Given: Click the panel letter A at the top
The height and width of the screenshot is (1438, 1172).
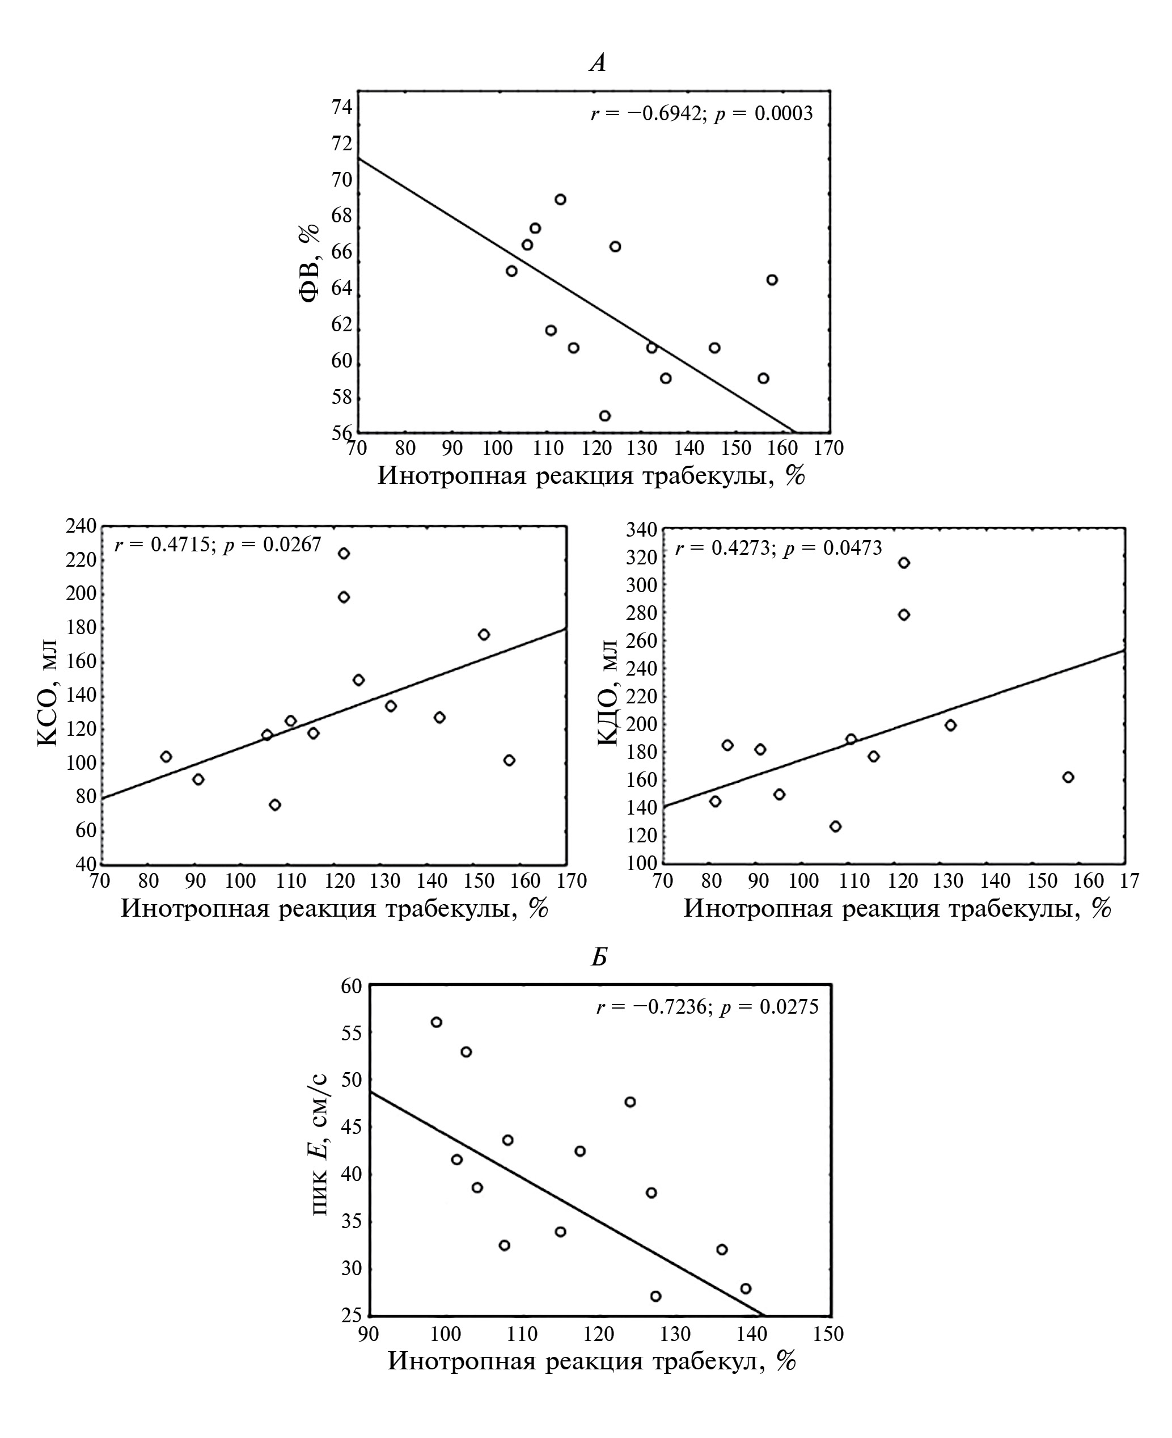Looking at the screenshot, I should click(598, 63).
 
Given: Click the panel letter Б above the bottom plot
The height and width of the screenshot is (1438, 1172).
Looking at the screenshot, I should click(599, 958).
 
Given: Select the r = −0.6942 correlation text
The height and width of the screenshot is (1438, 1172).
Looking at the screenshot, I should click(701, 113).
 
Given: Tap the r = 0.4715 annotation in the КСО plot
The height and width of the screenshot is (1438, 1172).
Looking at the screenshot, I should click(217, 545).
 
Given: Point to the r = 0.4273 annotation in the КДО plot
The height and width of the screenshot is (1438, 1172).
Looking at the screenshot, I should click(778, 548).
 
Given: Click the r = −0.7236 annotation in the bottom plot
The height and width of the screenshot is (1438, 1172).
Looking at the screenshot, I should click(707, 1007).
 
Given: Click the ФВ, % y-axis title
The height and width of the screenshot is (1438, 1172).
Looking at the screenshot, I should click(308, 263).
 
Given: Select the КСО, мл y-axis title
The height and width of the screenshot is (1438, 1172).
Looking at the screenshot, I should click(49, 695).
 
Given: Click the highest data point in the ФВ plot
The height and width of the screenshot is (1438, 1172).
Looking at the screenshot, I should click(560, 199).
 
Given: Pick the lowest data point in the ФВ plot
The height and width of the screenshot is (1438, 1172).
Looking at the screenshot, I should click(605, 415).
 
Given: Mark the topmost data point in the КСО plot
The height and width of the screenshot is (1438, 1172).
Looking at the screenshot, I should click(344, 553).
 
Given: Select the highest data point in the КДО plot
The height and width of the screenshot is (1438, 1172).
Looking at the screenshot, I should click(904, 563).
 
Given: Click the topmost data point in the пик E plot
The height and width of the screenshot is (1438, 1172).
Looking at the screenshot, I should click(436, 1022).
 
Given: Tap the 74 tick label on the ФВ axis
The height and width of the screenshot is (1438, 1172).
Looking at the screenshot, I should click(341, 107).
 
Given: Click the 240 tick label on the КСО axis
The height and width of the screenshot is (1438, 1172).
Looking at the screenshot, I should click(82, 526).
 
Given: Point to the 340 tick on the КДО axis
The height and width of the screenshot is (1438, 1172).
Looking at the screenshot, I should click(642, 530).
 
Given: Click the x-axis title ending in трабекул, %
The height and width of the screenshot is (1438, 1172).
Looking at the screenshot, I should click(591, 1360).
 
